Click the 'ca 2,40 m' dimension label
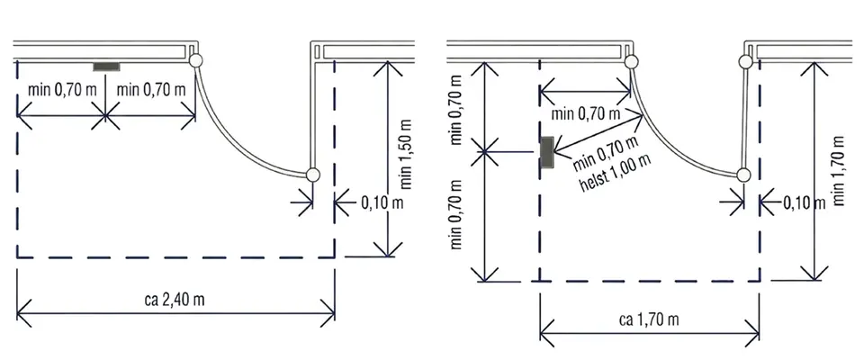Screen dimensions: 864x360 tap(176, 301)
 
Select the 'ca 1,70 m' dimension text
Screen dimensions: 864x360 tap(649, 320)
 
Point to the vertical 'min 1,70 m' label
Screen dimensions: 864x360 tap(839, 168)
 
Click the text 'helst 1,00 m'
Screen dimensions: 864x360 tap(616, 172)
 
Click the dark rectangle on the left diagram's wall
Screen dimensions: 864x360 tap(106, 67)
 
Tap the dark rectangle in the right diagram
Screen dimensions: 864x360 tap(546, 152)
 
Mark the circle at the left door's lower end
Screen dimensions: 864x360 tap(312, 175)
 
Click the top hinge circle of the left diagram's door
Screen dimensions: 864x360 tap(195, 60)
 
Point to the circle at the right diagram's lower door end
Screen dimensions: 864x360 tap(744, 175)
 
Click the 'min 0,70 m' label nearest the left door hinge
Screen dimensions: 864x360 tap(151, 90)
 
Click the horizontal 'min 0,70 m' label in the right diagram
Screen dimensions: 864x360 tap(586, 114)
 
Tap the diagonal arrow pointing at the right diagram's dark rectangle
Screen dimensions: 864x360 tap(599, 133)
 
